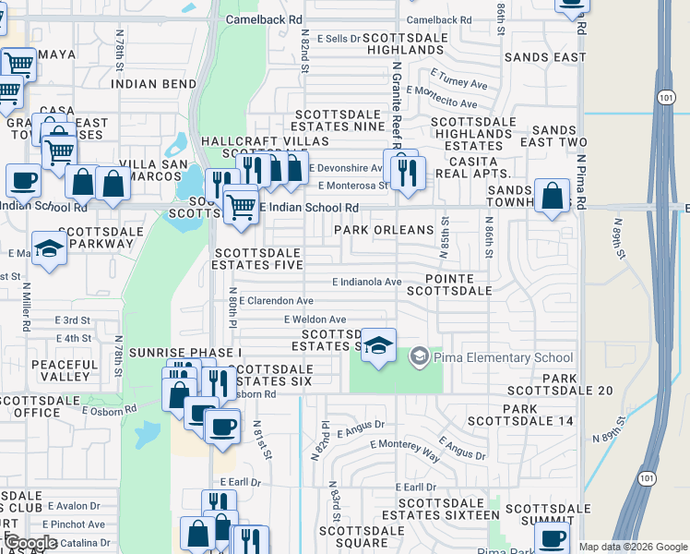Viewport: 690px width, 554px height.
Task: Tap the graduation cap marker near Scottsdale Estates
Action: [x=378, y=345]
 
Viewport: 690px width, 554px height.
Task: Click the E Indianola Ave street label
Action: [x=366, y=282]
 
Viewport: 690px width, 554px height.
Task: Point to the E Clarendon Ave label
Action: [x=276, y=301]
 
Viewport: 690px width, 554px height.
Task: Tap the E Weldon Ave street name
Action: [x=315, y=319]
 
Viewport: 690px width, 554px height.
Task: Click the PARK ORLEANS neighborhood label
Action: [x=383, y=230]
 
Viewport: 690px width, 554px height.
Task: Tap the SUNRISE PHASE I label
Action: [x=184, y=353]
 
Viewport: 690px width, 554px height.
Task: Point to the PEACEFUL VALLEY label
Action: [x=65, y=370]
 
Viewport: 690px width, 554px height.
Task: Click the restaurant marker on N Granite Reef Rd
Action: [x=406, y=171]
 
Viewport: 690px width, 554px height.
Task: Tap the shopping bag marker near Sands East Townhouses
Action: [x=552, y=197]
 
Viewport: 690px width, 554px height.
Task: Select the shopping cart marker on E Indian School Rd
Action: [x=241, y=203]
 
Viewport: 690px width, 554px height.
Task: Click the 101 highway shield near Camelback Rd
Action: [x=666, y=96]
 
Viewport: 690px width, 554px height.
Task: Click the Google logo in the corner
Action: [x=31, y=543]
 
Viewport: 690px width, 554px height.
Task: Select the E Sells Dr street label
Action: [x=339, y=39]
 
